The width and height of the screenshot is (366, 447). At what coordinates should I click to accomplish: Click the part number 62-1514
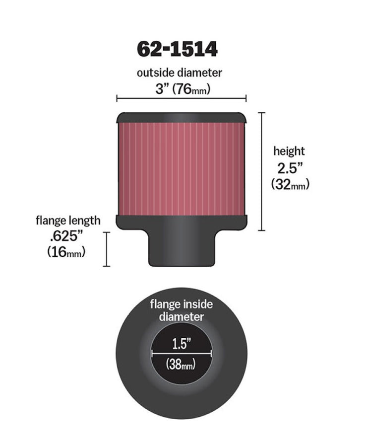click(x=177, y=50)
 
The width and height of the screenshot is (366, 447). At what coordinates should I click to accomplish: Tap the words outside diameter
click(x=180, y=73)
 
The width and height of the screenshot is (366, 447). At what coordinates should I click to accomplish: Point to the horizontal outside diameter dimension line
click(x=182, y=98)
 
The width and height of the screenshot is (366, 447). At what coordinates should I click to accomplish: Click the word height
click(x=289, y=151)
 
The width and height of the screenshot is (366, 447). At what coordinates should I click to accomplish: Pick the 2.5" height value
click(x=290, y=167)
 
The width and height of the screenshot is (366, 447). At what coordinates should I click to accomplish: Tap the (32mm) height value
click(x=290, y=184)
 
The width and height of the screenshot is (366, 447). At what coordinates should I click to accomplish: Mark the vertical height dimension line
click(x=262, y=171)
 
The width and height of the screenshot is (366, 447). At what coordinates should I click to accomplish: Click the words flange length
click(x=68, y=220)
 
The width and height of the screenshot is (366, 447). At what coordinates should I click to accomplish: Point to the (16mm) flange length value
click(x=66, y=252)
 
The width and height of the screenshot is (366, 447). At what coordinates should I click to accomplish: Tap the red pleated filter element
click(x=181, y=169)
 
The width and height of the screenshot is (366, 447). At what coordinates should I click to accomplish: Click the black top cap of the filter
click(x=181, y=118)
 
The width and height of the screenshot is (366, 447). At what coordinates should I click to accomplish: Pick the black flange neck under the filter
click(x=181, y=248)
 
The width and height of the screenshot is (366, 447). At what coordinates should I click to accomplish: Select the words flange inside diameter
click(x=182, y=311)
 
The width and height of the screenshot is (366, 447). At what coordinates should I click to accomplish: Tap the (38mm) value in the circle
click(x=182, y=365)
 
